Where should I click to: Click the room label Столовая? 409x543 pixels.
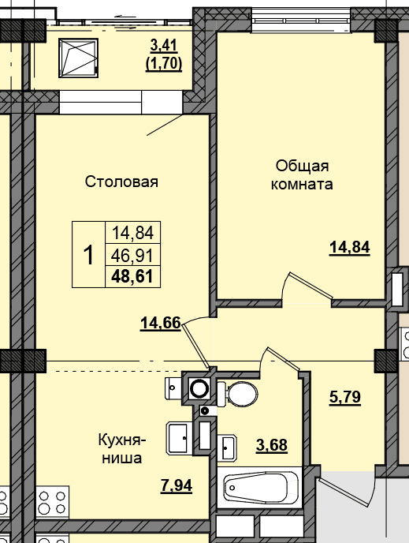121,182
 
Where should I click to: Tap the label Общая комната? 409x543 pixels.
302,175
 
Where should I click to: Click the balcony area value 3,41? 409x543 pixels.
164,45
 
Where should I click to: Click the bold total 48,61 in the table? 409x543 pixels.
132,277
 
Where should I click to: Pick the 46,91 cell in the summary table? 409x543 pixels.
132,256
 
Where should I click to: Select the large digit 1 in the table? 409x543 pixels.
88,255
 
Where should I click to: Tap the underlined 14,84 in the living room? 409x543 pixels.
350,248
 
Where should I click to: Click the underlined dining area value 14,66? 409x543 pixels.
161,324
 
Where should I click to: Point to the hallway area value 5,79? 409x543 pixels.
344,398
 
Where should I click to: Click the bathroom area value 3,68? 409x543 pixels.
272,445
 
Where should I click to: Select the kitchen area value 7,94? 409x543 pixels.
177,485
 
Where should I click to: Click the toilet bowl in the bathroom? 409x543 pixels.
238,394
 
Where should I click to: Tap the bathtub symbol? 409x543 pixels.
260,488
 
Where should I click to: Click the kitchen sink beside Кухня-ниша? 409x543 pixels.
180,438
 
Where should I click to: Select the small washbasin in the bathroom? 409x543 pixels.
229,447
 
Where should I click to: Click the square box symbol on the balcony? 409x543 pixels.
79,58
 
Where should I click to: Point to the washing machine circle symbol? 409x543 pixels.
199,388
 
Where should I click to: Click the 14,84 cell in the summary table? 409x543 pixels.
132,233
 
